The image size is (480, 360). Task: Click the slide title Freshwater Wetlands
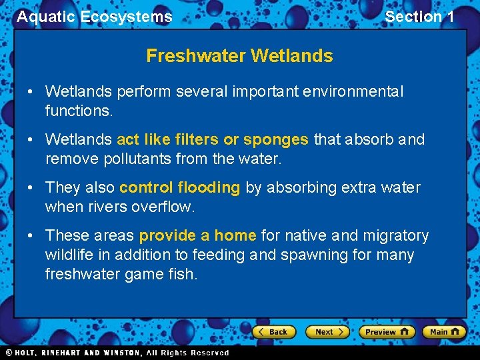coord(239,56)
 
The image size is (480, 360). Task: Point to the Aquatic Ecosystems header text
coord(94,17)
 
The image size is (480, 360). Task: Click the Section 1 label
coord(419,17)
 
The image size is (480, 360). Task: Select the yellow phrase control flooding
coord(179,188)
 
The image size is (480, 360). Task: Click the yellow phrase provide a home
coord(197,236)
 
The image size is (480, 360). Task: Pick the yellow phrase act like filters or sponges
coord(212,140)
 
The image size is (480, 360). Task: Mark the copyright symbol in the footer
coord(9,353)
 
